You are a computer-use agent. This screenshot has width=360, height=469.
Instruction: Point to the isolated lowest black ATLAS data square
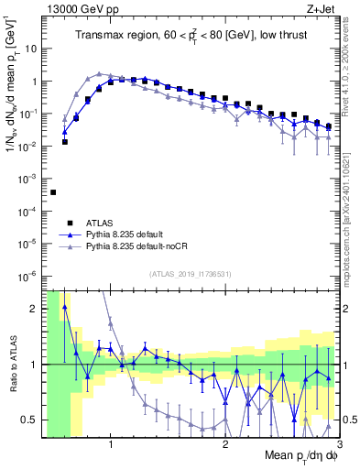(53, 192)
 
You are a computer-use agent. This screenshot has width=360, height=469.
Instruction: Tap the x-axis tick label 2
(225, 445)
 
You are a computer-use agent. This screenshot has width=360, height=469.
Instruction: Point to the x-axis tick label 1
(111, 445)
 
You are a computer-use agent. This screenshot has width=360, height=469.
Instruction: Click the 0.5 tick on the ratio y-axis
(29, 420)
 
